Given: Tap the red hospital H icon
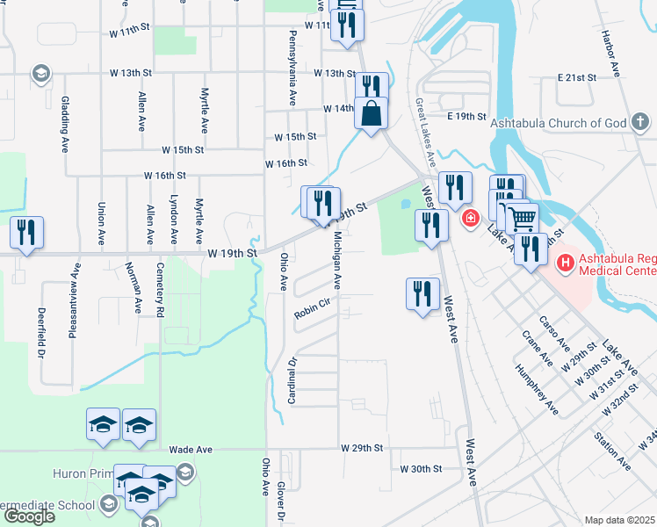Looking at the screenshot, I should pos(565,262).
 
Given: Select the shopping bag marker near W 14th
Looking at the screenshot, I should pos(372,113).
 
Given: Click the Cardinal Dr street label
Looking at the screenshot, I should pos(293,380).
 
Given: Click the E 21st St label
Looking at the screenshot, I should pos(577,77).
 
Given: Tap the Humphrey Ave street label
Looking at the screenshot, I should pos(538,391).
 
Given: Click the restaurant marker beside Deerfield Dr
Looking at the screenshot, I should pos(25,233).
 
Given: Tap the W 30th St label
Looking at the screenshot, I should pos(422,469).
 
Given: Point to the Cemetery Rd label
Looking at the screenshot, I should pos(160,289).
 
